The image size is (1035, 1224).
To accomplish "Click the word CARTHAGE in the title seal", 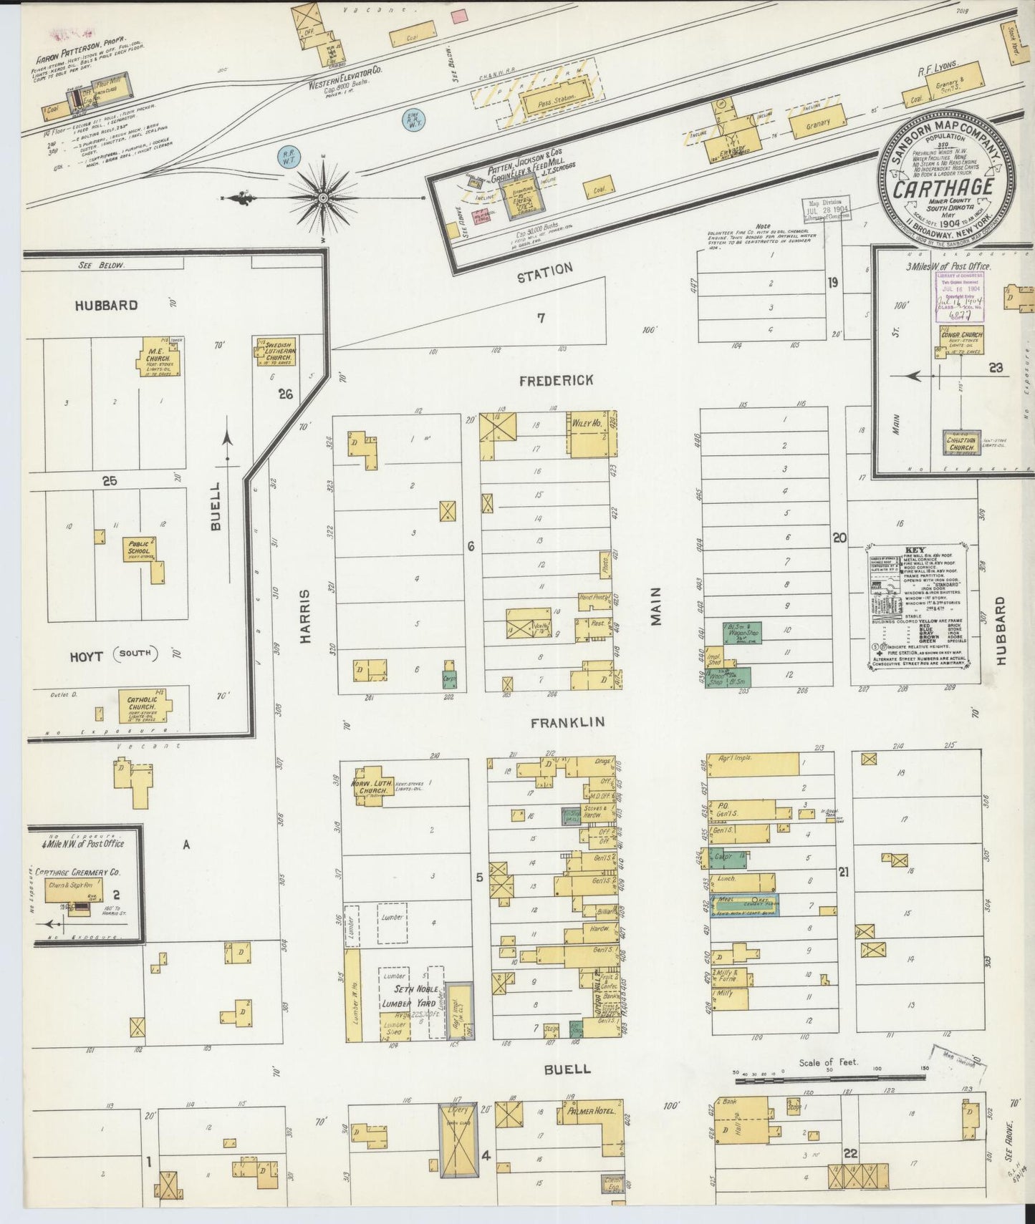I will (942, 188).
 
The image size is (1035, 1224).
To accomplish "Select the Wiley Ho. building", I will (588, 433).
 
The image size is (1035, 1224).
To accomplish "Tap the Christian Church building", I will (961, 442).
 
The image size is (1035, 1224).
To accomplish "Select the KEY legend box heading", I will (920, 550).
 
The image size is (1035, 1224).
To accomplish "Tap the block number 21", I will (844, 872).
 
